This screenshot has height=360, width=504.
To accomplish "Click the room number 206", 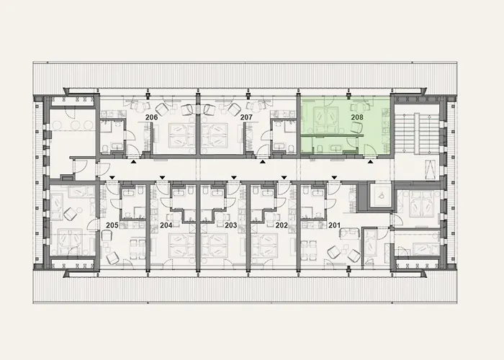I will pos(152,117).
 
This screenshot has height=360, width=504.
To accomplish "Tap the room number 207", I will pos(246,117).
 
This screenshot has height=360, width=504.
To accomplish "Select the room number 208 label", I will pos(356,117).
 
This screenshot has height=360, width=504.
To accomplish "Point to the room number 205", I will pos(112,225).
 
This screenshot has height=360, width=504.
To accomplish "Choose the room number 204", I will pos(166,225).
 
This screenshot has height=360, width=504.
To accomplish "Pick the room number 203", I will pos(230,225).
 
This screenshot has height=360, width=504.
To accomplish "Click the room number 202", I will pos(281,225).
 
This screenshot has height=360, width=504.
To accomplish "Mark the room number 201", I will pos(334,225).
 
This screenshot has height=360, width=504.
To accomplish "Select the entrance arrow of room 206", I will pos(133,163).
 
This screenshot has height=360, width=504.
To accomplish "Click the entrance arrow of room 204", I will pos(163,176).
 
